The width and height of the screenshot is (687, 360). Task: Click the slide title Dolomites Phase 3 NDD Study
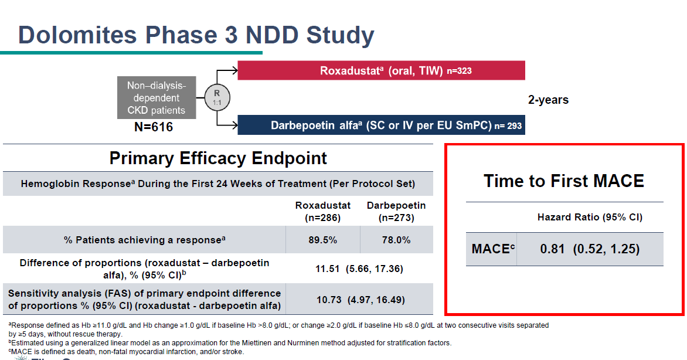pos(196,35)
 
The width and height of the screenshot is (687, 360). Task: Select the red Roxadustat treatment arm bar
pos(381,71)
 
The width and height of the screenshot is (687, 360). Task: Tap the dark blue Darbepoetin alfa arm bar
pos(381,125)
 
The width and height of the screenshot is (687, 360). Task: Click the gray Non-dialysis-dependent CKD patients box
pos(156,98)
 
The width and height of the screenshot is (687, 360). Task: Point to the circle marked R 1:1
pos(217,98)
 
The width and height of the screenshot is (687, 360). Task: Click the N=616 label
pos(154,126)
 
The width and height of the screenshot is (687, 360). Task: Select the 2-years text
pos(548,100)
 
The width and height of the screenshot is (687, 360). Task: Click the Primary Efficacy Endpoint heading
pos(218,158)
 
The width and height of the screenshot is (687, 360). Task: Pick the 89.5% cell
pos(322,240)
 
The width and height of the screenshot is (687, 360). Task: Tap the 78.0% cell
pos(396,240)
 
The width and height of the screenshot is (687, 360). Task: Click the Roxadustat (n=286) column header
pos(322,211)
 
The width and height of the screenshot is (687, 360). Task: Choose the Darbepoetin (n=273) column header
pos(396,211)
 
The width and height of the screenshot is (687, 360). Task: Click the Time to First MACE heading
pos(564,181)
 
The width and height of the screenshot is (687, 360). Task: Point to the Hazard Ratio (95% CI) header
pos(590,217)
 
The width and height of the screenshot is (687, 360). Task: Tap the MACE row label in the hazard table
pos(493,249)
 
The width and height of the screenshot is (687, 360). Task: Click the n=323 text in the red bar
pos(459,72)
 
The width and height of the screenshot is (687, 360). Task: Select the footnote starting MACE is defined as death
pos(126,351)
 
